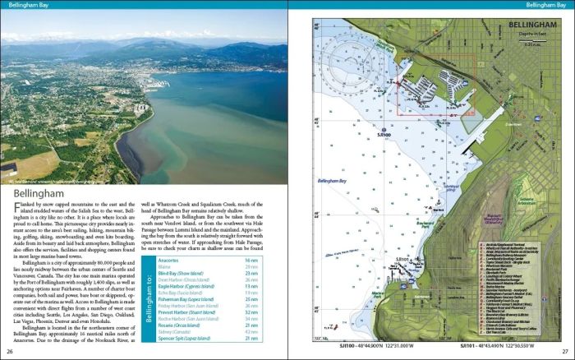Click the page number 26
click(x=11, y=353)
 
